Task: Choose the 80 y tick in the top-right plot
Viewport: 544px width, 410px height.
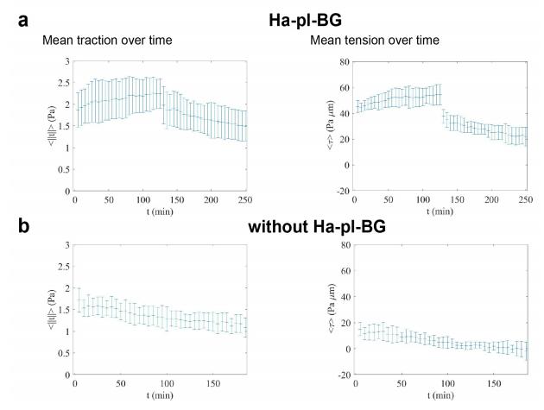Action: pyautogui.click(x=342, y=61)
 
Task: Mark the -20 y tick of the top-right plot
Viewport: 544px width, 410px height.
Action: pyautogui.click(x=340, y=191)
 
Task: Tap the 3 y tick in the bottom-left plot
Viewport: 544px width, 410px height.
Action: pyautogui.click(x=67, y=245)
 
